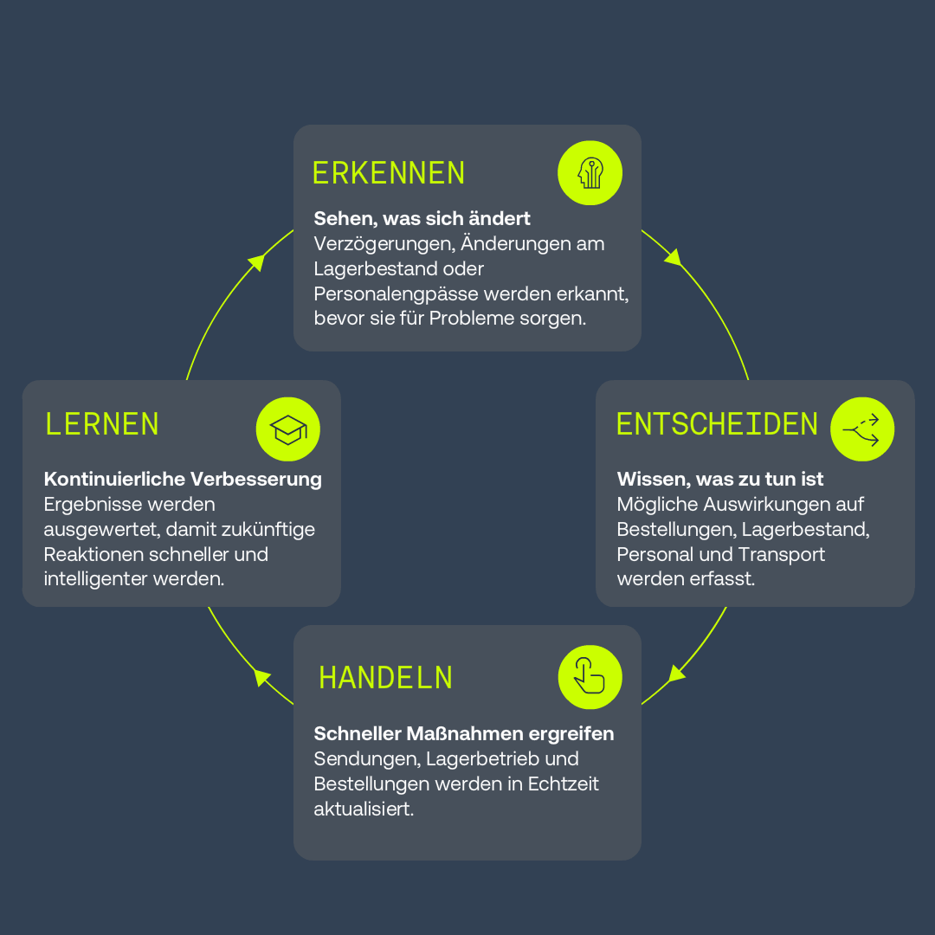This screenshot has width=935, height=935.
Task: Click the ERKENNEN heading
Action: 389,173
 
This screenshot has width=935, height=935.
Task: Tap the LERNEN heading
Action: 102,424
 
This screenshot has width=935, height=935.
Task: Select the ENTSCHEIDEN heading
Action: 717,424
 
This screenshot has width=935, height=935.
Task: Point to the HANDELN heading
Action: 386,678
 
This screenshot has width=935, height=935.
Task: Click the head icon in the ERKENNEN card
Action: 590,173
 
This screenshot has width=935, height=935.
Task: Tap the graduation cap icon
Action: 288,429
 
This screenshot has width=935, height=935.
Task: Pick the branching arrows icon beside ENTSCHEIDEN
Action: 862,429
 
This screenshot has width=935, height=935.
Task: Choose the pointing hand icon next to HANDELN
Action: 590,677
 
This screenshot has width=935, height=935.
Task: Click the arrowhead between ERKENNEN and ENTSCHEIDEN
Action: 674,257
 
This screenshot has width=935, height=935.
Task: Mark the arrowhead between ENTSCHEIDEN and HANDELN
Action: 676,674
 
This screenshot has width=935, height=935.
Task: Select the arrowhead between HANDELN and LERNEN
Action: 261,677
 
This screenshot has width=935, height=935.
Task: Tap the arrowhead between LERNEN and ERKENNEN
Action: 257,261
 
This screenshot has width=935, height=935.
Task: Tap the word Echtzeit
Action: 563,783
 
